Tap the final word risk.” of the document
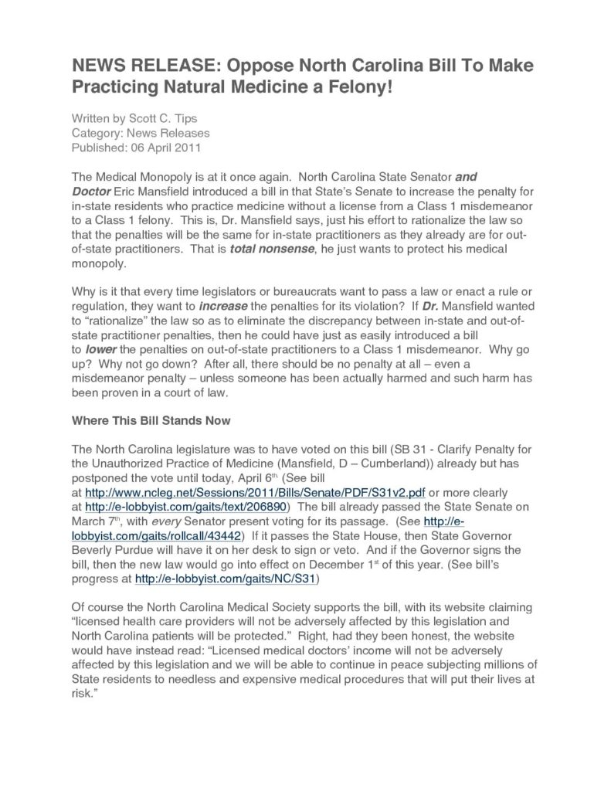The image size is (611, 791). pyautogui.click(x=83, y=692)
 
